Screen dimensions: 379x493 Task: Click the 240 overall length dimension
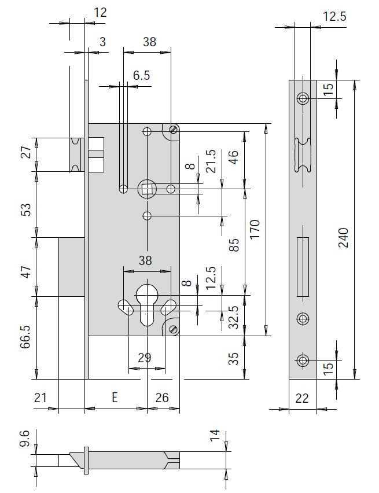(x=344, y=238)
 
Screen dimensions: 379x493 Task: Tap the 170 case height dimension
(x=255, y=230)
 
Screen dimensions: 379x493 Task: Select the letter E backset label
(x=115, y=398)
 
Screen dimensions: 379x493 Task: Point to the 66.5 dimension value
(x=26, y=337)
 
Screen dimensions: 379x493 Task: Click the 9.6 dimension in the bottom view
(x=24, y=439)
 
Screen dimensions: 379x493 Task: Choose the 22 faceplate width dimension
(x=302, y=398)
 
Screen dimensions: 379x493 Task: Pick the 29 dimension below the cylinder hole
(x=145, y=358)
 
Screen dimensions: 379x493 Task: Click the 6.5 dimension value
(x=142, y=75)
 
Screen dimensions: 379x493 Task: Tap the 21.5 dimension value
(x=211, y=161)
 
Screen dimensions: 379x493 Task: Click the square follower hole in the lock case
(x=147, y=189)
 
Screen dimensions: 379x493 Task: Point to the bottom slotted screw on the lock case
(x=174, y=329)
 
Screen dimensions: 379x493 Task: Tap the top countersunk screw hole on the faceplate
(x=303, y=98)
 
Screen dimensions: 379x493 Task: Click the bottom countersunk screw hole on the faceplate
(x=303, y=360)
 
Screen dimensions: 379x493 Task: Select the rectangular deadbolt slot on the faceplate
(x=303, y=267)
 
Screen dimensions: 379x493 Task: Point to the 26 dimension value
(x=162, y=398)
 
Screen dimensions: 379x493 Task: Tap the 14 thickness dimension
(x=215, y=436)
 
